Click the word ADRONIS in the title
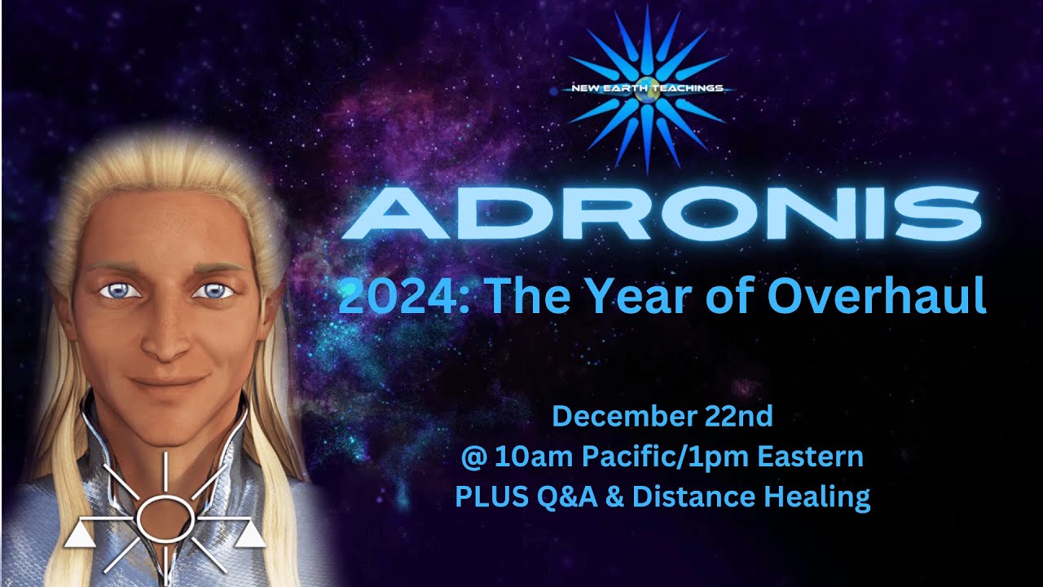[661, 214]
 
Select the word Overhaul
[877, 295]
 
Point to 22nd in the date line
[738, 416]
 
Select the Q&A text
[566, 497]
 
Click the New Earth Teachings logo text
[647, 88]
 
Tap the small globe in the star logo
[647, 89]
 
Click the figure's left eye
[213, 291]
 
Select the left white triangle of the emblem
[79, 535]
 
